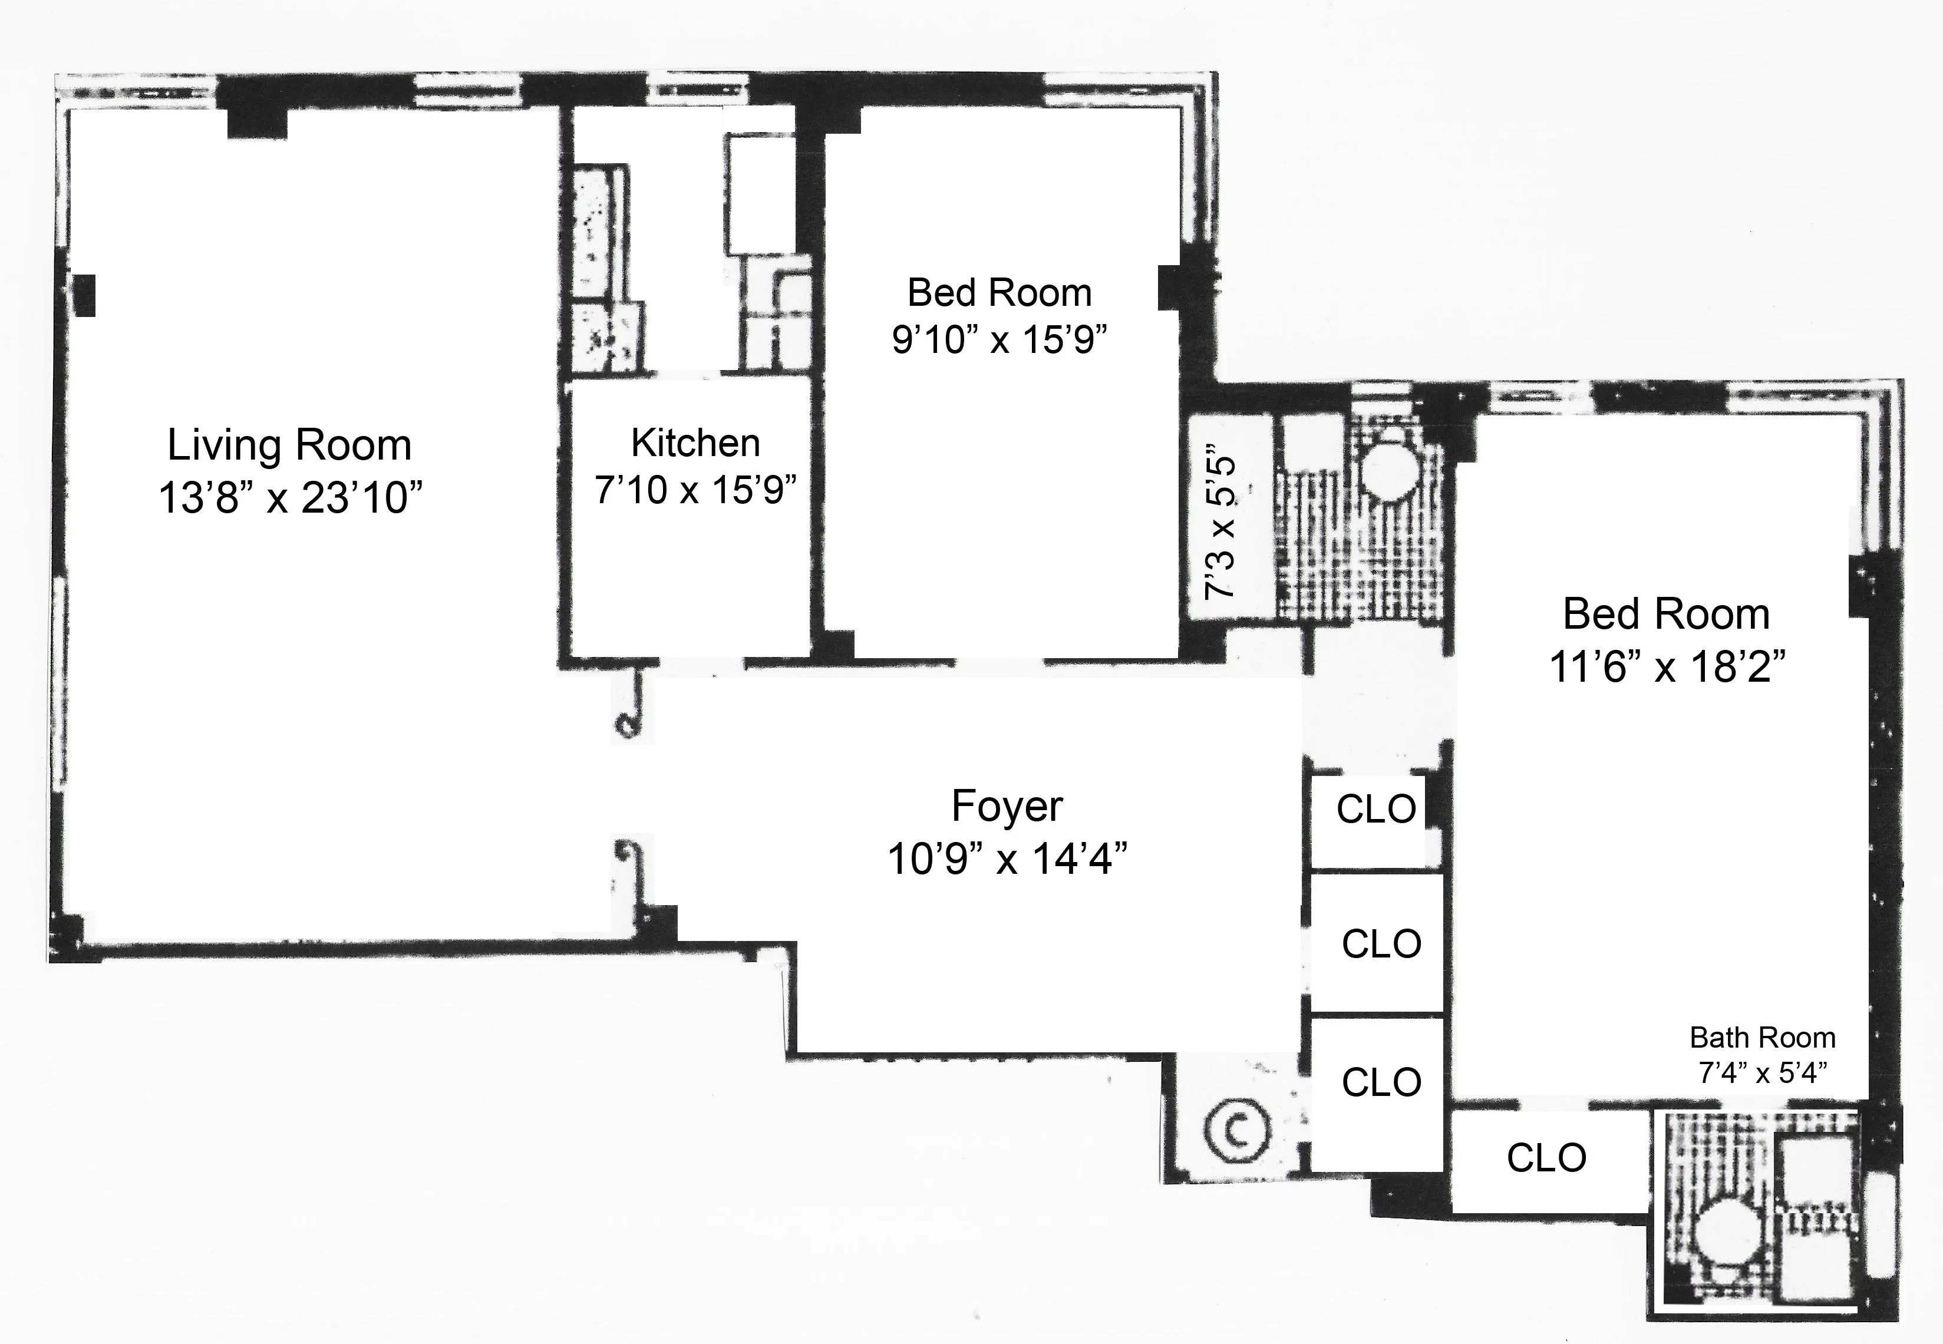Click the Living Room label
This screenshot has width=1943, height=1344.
tap(289, 445)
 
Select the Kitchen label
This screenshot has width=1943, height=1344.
tap(695, 443)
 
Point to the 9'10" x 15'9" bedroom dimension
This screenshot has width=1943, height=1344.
tap(999, 340)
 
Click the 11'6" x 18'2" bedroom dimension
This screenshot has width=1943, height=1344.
tap(1667, 667)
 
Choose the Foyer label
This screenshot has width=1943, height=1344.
tap(1007, 806)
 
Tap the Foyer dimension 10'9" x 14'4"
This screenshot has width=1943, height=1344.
tap(1007, 860)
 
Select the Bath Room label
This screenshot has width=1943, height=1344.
tap(1762, 1038)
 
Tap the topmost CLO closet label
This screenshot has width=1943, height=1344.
tap(1376, 809)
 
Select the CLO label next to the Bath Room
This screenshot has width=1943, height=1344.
tap(1546, 1158)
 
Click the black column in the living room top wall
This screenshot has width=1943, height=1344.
tap(257, 120)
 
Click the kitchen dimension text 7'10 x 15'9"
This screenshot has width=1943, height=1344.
tap(695, 489)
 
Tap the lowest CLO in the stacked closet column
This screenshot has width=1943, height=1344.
tap(1381, 1082)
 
